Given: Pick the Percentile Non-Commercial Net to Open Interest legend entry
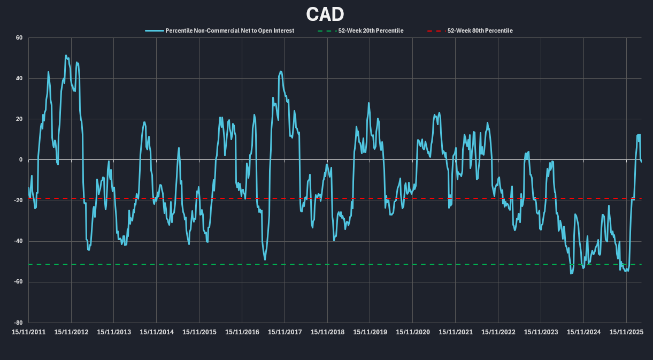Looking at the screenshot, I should [229, 30].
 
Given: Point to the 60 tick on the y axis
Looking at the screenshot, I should [19, 37].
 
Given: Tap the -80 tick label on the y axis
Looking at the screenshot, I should [18, 323].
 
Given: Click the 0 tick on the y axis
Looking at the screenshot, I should [21, 159].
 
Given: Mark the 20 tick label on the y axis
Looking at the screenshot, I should [19, 119].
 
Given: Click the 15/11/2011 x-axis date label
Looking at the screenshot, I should [29, 332].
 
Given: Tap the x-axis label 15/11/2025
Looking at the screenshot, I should [626, 332].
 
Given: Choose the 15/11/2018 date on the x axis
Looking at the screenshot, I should [328, 332].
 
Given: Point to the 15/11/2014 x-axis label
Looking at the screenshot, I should [157, 332].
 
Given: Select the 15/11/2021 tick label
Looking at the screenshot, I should [456, 332].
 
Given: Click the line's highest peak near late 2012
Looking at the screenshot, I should [66, 55].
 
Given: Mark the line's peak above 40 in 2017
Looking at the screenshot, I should [281, 71].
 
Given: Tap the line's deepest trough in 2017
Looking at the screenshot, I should [265, 259].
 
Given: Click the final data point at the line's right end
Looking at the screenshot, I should [641, 162].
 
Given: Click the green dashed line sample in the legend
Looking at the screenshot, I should [327, 30].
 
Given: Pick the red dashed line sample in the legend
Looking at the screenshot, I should [436, 30].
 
